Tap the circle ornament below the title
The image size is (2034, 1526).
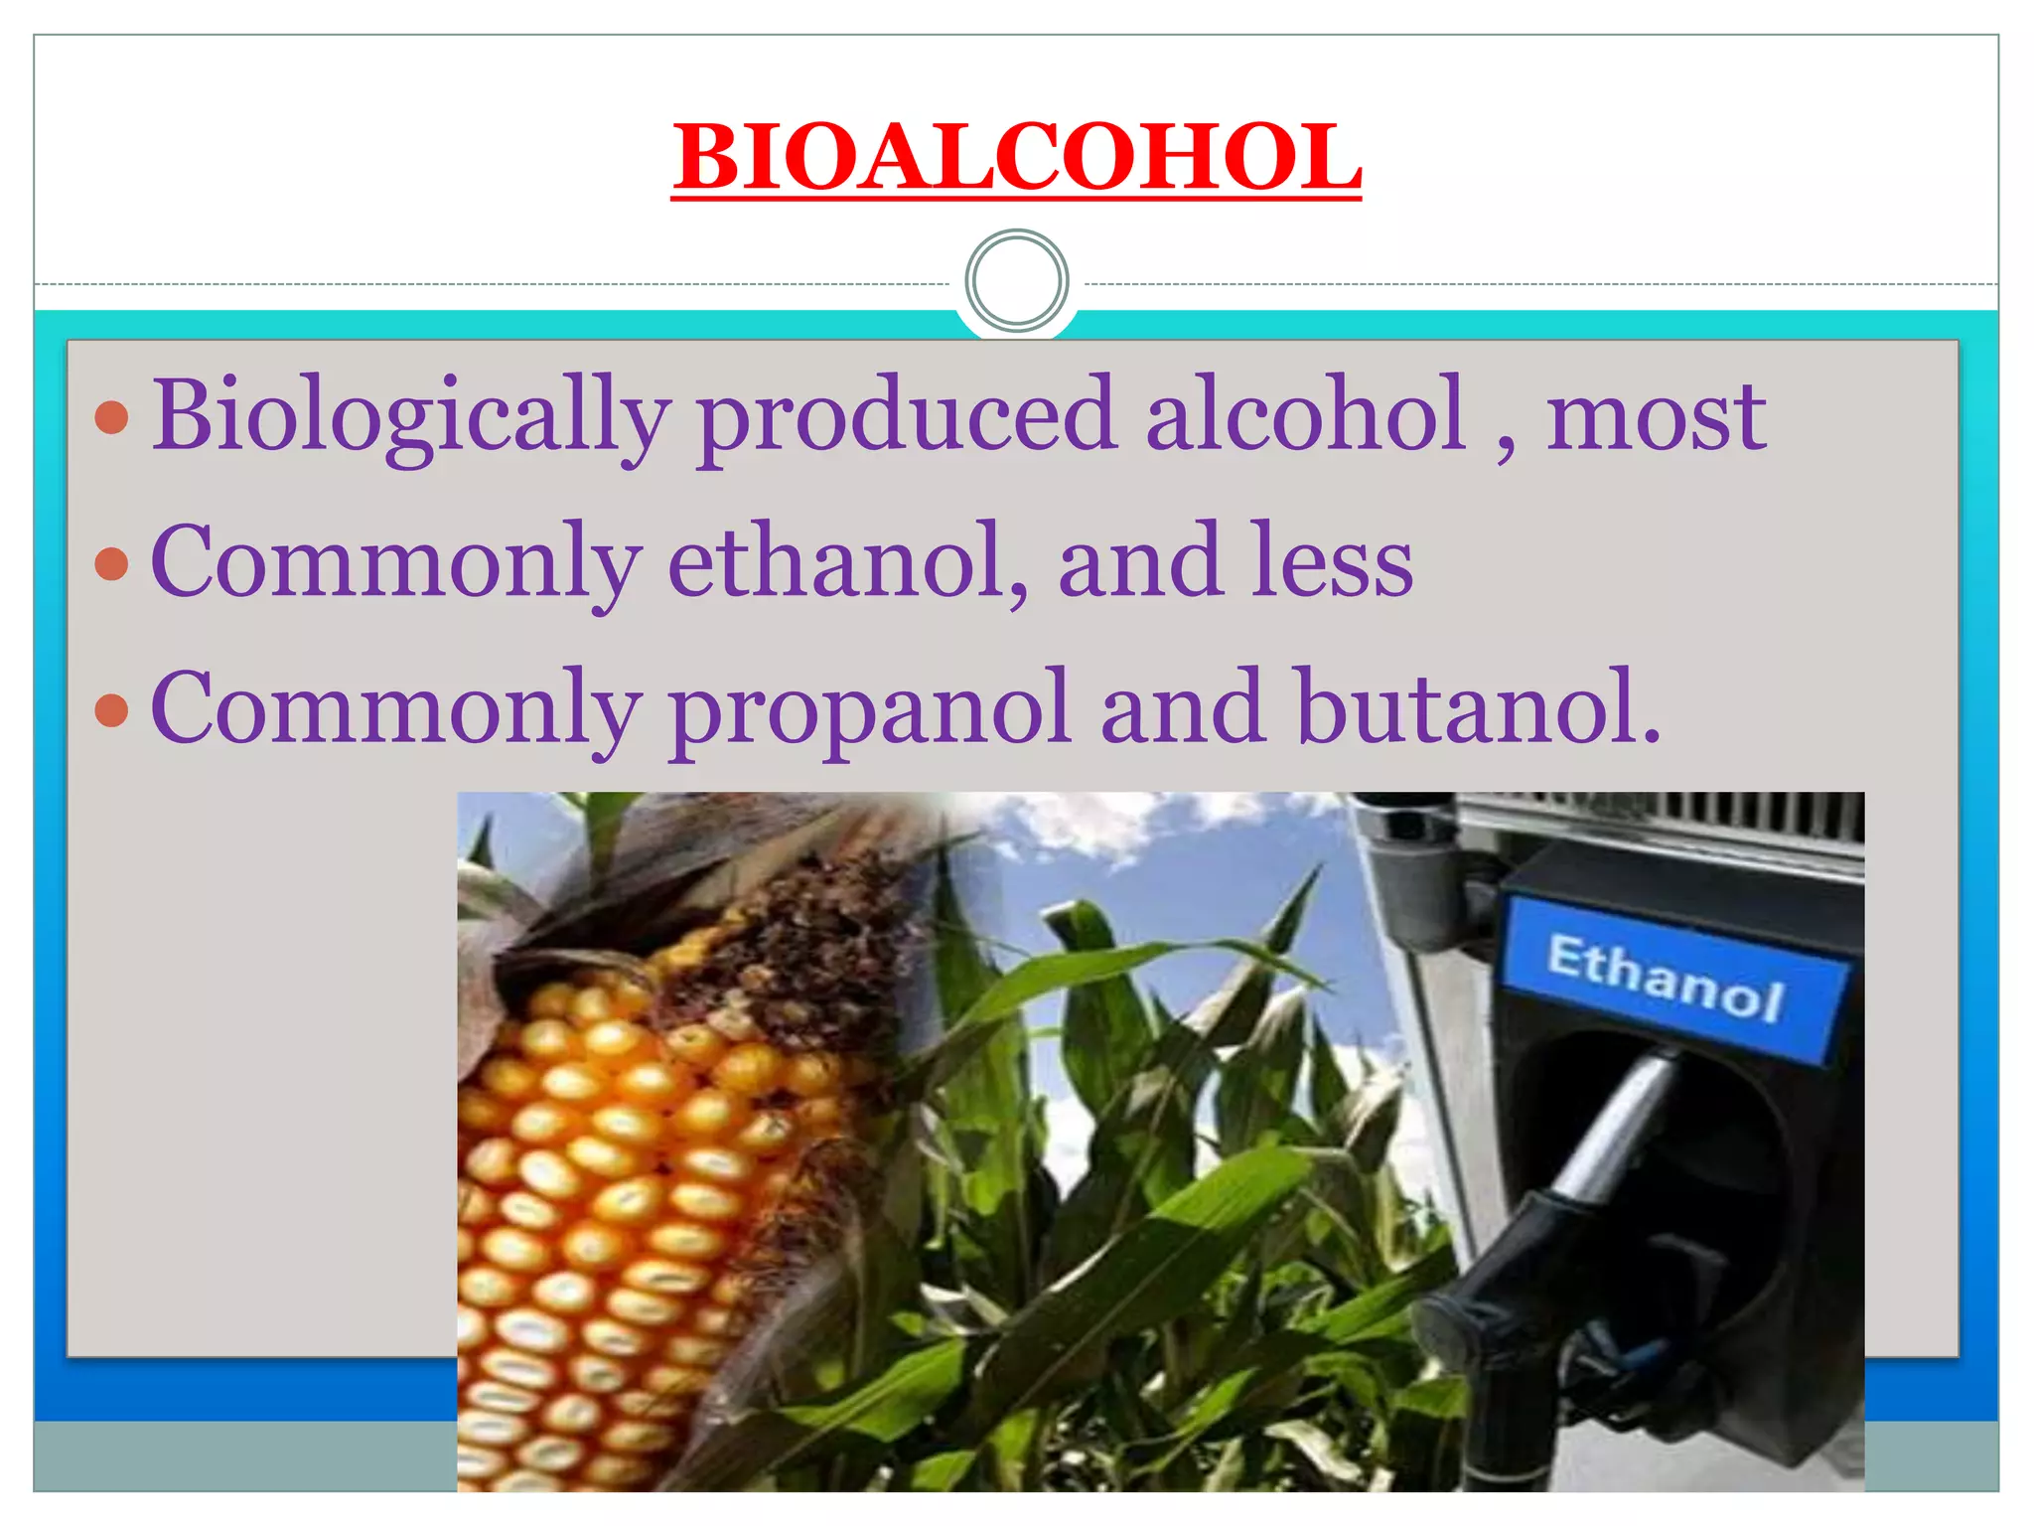tap(1016, 281)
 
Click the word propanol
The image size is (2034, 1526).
tap(870, 710)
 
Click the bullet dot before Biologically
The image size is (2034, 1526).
tap(112, 417)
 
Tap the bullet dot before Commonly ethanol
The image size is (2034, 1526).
tap(112, 563)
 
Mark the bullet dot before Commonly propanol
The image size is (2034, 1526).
tap(112, 710)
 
